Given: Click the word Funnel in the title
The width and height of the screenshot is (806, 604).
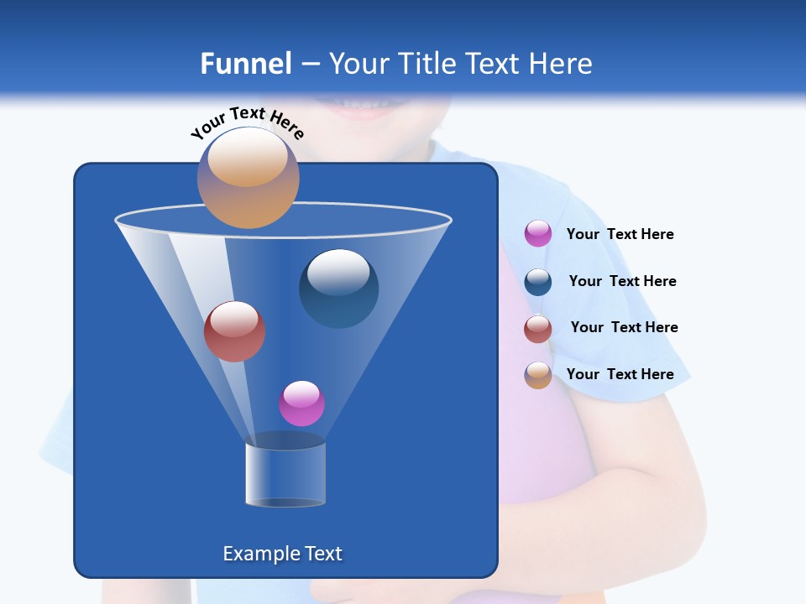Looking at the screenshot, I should pyautogui.click(x=245, y=64).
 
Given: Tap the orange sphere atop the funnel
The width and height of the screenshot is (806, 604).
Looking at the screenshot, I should pyautogui.click(x=249, y=178).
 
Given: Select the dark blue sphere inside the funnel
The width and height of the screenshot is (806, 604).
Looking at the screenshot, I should pyautogui.click(x=339, y=288).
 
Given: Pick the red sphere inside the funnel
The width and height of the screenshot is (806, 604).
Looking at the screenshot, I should pyautogui.click(x=234, y=331).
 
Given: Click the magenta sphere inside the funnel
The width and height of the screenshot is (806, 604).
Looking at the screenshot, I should pyautogui.click(x=301, y=404).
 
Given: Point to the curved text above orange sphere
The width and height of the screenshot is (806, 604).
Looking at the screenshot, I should pyautogui.click(x=247, y=122).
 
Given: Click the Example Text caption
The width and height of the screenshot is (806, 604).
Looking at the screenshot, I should pyautogui.click(x=282, y=554).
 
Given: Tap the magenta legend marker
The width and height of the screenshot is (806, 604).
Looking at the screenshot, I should pyautogui.click(x=538, y=234).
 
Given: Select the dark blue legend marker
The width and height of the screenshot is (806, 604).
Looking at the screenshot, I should pyautogui.click(x=538, y=282).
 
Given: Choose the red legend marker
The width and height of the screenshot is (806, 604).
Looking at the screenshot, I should pyautogui.click(x=538, y=329).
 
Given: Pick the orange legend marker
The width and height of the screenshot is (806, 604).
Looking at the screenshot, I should pyautogui.click(x=538, y=375).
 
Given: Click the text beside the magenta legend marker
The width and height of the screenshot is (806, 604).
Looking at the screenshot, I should pyautogui.click(x=620, y=235).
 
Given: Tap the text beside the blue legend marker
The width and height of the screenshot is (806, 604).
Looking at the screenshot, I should pyautogui.click(x=622, y=282).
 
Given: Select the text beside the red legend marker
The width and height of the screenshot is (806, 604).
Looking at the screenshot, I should pyautogui.click(x=624, y=328).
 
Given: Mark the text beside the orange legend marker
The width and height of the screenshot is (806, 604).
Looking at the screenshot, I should pyautogui.click(x=620, y=375).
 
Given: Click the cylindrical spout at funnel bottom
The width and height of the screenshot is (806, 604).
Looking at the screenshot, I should pyautogui.click(x=285, y=474).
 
